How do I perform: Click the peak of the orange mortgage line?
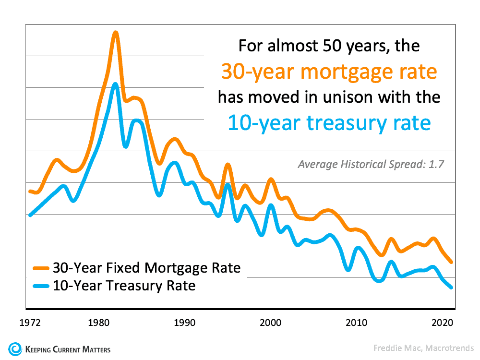pos(115,33)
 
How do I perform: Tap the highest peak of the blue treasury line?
pos(115,84)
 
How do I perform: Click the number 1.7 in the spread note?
pos(436,164)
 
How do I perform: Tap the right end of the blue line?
pos(451,287)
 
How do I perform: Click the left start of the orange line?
pos(30,191)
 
